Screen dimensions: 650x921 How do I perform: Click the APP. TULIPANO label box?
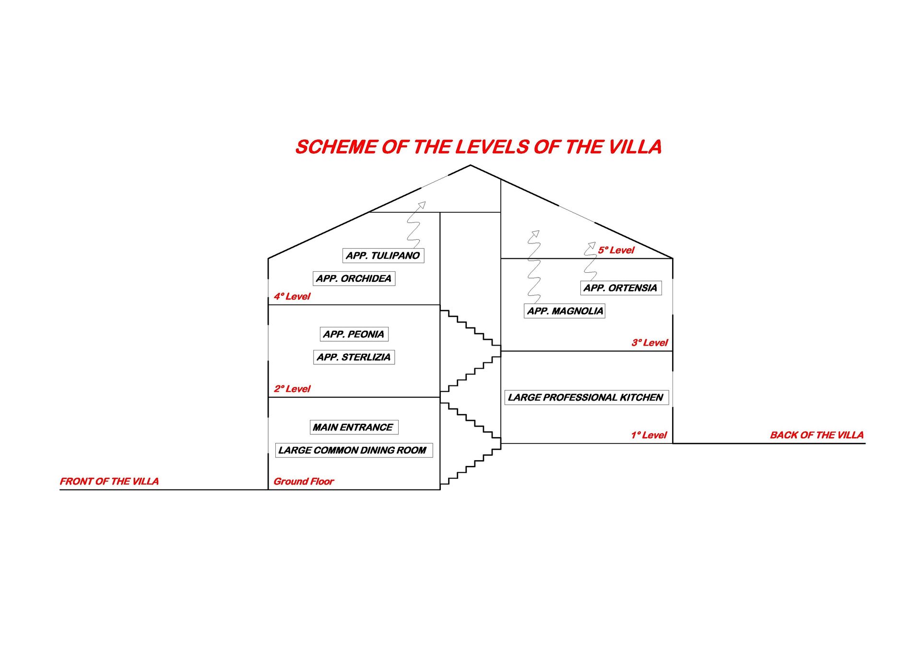(383, 255)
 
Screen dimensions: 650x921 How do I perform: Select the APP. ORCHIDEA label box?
(354, 279)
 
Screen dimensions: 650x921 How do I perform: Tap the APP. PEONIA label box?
(354, 334)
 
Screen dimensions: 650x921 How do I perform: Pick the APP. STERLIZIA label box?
(354, 357)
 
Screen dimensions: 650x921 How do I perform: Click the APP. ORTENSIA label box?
(620, 288)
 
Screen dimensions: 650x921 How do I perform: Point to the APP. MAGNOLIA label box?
(565, 311)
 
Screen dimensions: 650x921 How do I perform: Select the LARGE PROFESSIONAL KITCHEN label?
(586, 397)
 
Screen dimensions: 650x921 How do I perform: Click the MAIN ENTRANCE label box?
(354, 427)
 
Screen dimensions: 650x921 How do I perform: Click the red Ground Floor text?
(304, 481)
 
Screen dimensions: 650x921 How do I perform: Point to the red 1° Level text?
(649, 435)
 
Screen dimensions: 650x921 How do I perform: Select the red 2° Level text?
(292, 389)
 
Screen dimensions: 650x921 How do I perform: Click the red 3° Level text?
(649, 343)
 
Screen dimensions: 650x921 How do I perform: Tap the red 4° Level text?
(292, 296)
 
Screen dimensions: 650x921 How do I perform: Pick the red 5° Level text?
(616, 250)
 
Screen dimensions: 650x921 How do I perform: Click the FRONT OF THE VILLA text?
(109, 481)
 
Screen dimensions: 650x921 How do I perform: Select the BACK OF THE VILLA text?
(816, 435)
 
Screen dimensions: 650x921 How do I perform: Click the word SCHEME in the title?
(336, 147)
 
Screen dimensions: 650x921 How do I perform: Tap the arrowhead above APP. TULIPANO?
(422, 205)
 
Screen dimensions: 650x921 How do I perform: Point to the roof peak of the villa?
(470, 166)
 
